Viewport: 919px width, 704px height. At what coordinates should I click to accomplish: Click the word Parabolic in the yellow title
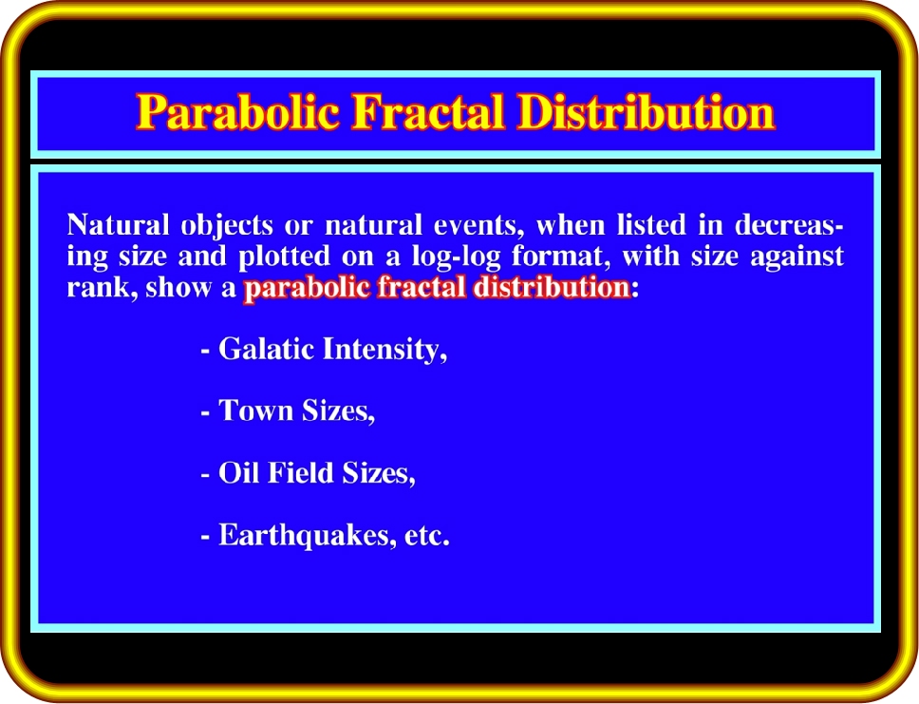(238, 111)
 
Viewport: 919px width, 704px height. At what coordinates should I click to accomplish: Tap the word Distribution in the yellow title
(647, 111)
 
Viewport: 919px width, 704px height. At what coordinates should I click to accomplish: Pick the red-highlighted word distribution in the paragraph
(552, 288)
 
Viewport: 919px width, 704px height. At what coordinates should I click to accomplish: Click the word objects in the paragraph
(227, 226)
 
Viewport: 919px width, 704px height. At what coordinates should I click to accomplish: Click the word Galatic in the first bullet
(267, 349)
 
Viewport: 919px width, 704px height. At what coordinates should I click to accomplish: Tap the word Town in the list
(255, 410)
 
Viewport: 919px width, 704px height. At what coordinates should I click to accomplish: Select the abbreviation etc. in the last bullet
(426, 536)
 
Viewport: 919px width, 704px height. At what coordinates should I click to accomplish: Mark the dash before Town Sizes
(205, 413)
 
